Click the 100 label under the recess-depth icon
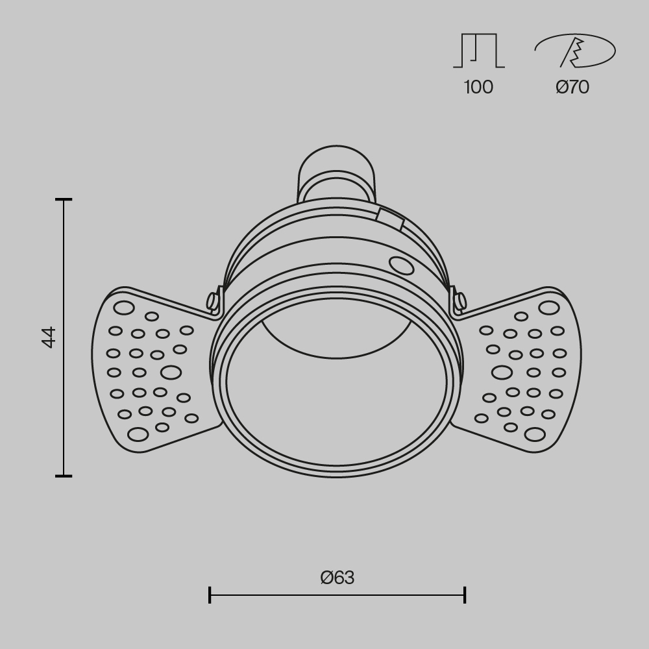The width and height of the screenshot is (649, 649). [478, 87]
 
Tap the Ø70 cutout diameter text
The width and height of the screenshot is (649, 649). [572, 87]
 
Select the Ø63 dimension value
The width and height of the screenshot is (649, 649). [337, 578]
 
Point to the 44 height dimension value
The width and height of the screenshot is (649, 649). [49, 337]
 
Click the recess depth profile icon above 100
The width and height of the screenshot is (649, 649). [479, 51]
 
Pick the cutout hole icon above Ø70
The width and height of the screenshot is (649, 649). [575, 51]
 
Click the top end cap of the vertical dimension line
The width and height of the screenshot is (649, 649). [64, 200]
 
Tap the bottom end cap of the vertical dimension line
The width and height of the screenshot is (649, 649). [64, 476]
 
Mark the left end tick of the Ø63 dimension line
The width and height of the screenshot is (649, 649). [210, 594]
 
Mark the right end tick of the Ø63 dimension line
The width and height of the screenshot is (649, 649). [465, 594]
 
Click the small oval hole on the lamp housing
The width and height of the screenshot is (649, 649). [401, 265]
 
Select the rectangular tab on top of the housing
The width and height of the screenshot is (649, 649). [390, 219]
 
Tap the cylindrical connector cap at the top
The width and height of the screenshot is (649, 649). [336, 172]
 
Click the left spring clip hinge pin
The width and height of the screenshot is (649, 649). [212, 301]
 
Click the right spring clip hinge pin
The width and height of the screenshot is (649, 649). [460, 301]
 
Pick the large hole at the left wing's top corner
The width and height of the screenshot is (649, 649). [123, 308]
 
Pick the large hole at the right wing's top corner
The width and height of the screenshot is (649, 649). [548, 308]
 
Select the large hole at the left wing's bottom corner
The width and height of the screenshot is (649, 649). [138, 434]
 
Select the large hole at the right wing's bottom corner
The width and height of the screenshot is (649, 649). [535, 434]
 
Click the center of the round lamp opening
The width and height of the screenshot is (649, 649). [336, 382]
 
